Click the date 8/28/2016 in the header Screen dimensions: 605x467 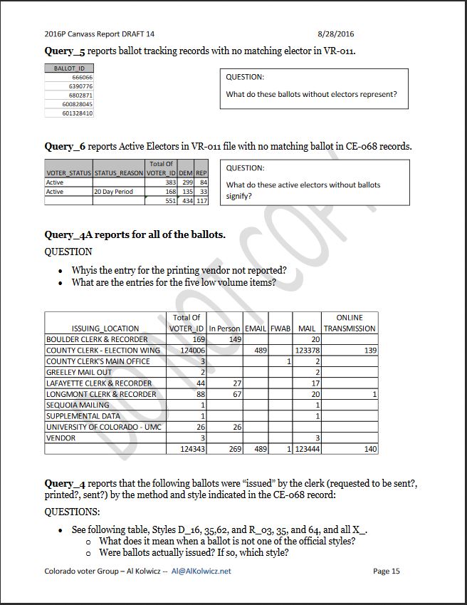[335, 33]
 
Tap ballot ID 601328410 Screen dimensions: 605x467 [78, 113]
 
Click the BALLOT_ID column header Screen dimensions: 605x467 [69, 68]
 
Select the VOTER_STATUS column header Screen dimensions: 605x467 [68, 173]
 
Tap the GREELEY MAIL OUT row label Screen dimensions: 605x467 [79, 372]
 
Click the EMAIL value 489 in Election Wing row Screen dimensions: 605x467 [260, 351]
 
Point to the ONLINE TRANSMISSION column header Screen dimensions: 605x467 [350, 323]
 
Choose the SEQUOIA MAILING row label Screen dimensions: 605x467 [78, 405]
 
